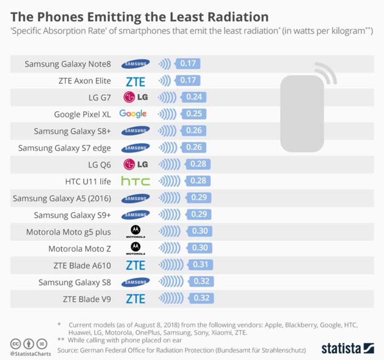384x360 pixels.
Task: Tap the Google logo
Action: [133, 114]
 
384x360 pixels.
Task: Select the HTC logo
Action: [135, 181]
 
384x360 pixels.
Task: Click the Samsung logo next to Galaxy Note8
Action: [135, 64]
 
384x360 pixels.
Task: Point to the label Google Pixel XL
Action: [82, 115]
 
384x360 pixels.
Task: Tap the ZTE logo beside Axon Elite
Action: [135, 81]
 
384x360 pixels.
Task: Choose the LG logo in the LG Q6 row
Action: [136, 164]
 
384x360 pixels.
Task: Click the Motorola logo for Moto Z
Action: [135, 248]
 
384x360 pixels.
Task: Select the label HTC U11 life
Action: [88, 181]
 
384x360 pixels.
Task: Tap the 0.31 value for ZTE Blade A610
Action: [200, 265]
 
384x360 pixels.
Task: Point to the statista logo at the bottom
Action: [348, 348]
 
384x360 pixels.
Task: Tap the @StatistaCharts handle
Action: [31, 354]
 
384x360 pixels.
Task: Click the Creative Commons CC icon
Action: [15, 344]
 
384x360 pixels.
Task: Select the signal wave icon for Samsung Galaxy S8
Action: [171, 282]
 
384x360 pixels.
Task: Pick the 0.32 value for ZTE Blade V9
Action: [201, 298]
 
